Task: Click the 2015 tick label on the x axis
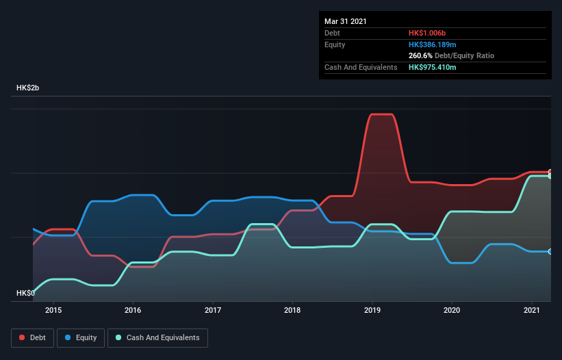click(x=53, y=310)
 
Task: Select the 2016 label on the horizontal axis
click(x=133, y=310)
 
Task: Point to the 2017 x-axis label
click(x=213, y=310)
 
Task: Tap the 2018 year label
click(x=292, y=310)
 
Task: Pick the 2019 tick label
click(x=372, y=310)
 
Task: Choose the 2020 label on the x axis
click(x=452, y=310)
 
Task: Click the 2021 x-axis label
click(x=531, y=310)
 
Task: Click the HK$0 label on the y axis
click(x=25, y=293)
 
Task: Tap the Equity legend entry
click(x=81, y=337)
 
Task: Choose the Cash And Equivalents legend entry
click(x=157, y=337)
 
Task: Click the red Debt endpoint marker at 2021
click(x=550, y=172)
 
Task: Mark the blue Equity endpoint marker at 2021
click(x=550, y=252)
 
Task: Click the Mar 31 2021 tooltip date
click(x=346, y=21)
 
